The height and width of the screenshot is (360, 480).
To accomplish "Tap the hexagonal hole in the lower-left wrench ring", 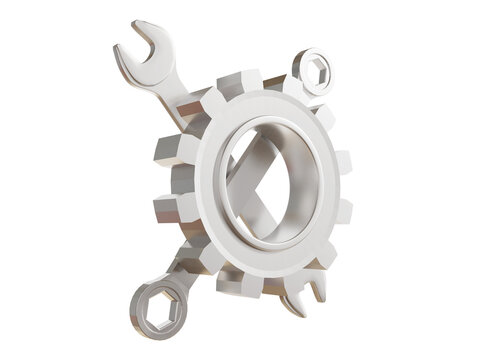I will pyautogui.click(x=151, y=303).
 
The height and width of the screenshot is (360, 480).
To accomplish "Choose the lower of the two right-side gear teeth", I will pyautogui.click(x=341, y=210).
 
